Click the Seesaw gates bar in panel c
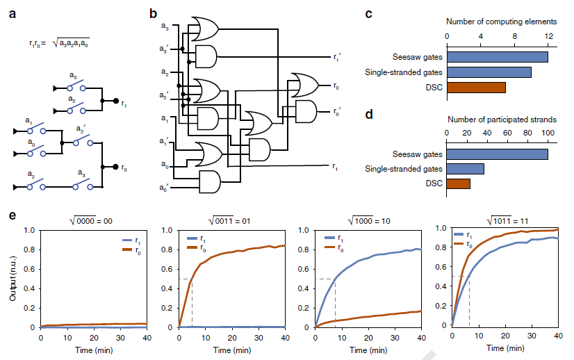(x=497, y=57)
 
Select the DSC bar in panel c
(x=476, y=88)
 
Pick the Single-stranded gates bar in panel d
(x=465, y=169)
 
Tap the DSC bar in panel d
(x=458, y=183)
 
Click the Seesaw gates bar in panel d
(x=497, y=154)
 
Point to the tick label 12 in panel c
(x=549, y=36)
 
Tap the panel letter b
(x=154, y=13)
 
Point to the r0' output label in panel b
(x=337, y=111)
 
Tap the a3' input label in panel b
(x=164, y=49)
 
